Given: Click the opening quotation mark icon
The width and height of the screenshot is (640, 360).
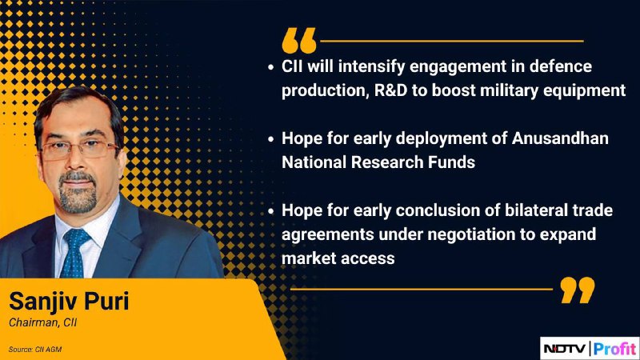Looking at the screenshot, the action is (x=299, y=41).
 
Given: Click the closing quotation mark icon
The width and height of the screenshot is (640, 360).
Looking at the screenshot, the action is (x=578, y=290).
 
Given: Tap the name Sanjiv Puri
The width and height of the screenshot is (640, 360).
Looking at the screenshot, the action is (x=69, y=302).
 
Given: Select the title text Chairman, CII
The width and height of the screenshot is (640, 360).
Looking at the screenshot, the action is (x=43, y=322).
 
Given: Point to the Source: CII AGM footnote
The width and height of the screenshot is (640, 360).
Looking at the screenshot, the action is (x=35, y=350).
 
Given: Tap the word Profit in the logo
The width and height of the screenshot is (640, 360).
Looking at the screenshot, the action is (x=615, y=349).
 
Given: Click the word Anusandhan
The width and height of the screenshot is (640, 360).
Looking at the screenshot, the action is (x=560, y=138).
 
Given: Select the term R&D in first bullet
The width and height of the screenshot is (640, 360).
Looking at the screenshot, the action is (x=390, y=90).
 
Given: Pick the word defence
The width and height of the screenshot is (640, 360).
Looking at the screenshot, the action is (x=561, y=66).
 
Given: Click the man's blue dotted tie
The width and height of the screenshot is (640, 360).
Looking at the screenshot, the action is (x=74, y=253).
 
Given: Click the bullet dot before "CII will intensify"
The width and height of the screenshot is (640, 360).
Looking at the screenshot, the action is (x=271, y=67).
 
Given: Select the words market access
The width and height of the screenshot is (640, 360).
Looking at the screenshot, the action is (x=338, y=258).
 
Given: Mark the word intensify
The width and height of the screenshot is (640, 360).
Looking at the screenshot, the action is (x=371, y=66).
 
